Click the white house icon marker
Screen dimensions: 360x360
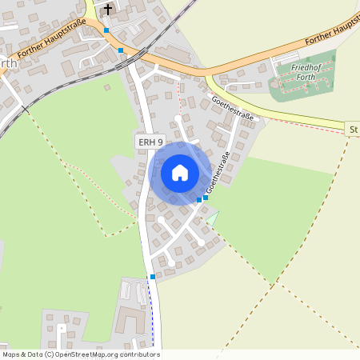coord(180,173)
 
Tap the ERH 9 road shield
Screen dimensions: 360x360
coord(150,142)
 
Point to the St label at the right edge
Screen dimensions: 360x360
coord(353,128)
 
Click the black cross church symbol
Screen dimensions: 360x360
coord(109,10)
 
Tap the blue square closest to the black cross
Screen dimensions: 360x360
coord(106,30)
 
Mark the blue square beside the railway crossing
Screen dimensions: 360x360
coord(121,50)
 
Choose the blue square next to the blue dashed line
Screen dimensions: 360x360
coord(153,277)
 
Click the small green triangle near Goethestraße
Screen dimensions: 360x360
coord(212,216)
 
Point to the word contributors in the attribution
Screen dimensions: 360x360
coord(141,354)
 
